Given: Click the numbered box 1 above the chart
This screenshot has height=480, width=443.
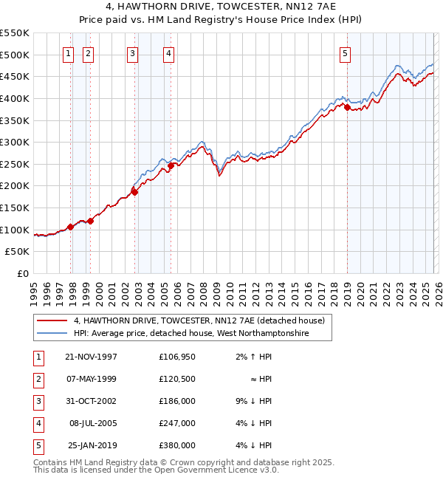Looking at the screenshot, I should (x=68, y=52).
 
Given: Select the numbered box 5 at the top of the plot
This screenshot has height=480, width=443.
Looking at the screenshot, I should (x=346, y=52).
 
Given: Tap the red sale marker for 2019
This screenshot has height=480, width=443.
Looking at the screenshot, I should (x=347, y=107).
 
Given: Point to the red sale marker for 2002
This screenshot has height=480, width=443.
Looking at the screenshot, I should (x=134, y=192).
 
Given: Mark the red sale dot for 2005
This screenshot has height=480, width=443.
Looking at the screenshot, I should (x=171, y=165).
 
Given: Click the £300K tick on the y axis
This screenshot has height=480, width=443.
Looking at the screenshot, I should (x=15, y=142).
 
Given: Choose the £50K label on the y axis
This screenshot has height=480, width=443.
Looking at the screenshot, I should (x=18, y=252).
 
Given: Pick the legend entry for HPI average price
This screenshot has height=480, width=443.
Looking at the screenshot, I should (x=190, y=334).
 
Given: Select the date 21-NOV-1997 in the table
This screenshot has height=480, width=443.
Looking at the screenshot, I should (x=91, y=357).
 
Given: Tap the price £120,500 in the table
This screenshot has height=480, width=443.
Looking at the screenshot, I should (x=176, y=379).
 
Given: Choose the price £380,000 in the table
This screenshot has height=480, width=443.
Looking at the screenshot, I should (x=176, y=445).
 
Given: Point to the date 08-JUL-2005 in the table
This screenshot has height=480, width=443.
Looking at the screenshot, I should (x=92, y=423).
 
